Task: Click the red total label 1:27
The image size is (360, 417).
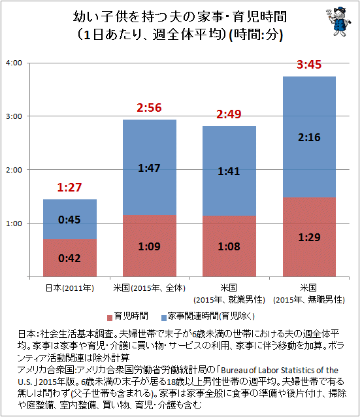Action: click(x=69, y=187)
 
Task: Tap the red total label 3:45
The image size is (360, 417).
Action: click(x=309, y=64)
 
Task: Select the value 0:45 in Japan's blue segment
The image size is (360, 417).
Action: click(x=69, y=220)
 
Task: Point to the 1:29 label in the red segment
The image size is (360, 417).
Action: click(x=309, y=237)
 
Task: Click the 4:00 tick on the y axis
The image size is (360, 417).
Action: click(x=14, y=63)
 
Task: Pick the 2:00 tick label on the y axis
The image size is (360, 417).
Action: click(x=14, y=170)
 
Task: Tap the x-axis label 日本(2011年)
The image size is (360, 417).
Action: click(x=70, y=288)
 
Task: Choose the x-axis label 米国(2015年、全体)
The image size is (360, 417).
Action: click(x=149, y=288)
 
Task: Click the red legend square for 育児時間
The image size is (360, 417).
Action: click(x=110, y=318)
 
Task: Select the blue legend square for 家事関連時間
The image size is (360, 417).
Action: click(x=164, y=318)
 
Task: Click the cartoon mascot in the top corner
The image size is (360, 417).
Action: click(x=338, y=22)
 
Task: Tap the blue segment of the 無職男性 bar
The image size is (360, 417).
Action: click(x=309, y=137)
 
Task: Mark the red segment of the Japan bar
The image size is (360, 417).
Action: click(x=70, y=258)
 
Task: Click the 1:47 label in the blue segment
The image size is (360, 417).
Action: click(x=149, y=168)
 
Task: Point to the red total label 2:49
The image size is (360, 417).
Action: click(x=229, y=114)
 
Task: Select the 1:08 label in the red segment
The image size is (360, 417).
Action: click(x=229, y=246)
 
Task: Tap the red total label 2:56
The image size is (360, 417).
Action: click(x=149, y=107)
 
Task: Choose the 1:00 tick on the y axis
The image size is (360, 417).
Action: click(x=14, y=224)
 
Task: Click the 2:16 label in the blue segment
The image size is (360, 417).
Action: click(x=309, y=137)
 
